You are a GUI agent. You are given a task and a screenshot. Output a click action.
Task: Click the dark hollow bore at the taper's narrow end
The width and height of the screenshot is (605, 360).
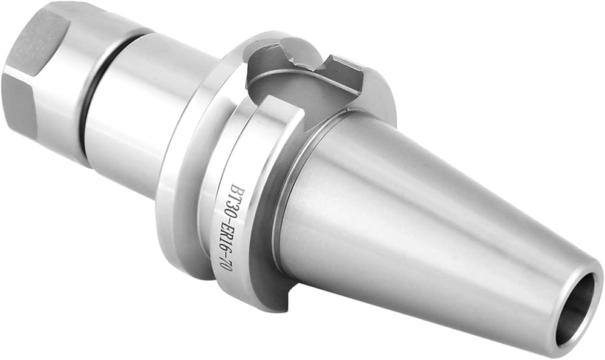point(578,309)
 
